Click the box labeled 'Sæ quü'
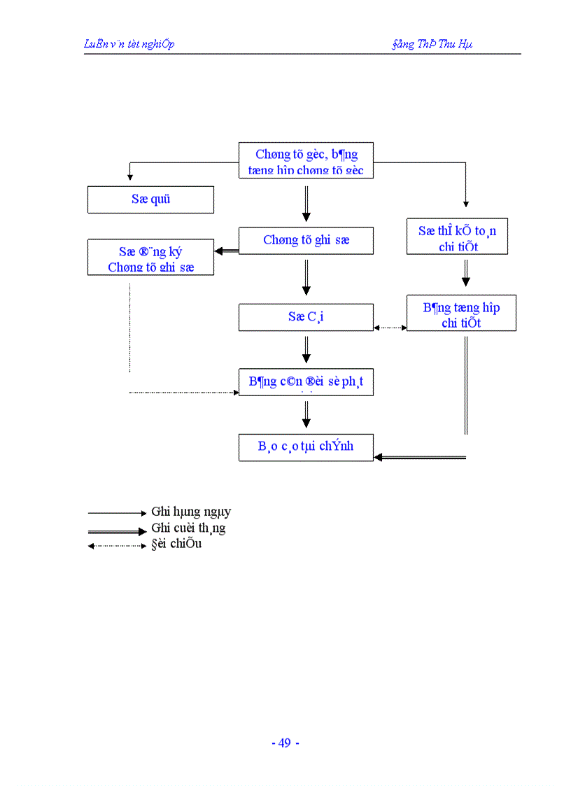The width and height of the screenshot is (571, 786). (150, 199)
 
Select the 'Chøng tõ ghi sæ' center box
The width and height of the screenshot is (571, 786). (306, 240)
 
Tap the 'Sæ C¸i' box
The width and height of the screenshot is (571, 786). (306, 317)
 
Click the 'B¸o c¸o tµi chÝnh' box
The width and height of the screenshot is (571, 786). (306, 447)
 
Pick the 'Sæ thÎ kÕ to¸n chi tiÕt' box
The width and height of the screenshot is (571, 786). (457, 237)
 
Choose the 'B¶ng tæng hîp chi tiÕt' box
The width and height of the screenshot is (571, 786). (461, 314)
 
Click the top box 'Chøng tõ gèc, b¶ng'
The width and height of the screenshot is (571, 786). (306, 161)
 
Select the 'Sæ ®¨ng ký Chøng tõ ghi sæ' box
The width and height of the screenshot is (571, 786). (150, 258)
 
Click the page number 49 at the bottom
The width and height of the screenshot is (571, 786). (285, 743)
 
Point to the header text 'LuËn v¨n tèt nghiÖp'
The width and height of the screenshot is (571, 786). (129, 44)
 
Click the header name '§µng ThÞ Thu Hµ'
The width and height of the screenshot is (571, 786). (432, 44)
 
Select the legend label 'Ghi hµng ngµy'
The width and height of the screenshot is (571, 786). (191, 512)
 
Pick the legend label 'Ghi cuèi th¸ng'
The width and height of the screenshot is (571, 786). (188, 528)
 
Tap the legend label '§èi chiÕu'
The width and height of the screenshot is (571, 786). (176, 544)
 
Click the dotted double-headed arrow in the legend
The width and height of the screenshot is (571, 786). (117, 546)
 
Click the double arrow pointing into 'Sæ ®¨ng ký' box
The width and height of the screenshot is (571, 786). (226, 251)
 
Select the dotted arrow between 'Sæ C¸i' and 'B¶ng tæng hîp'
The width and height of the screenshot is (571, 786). (390, 327)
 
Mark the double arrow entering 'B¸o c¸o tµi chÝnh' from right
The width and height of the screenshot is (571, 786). (420, 457)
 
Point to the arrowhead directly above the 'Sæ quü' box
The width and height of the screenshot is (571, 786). (130, 177)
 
